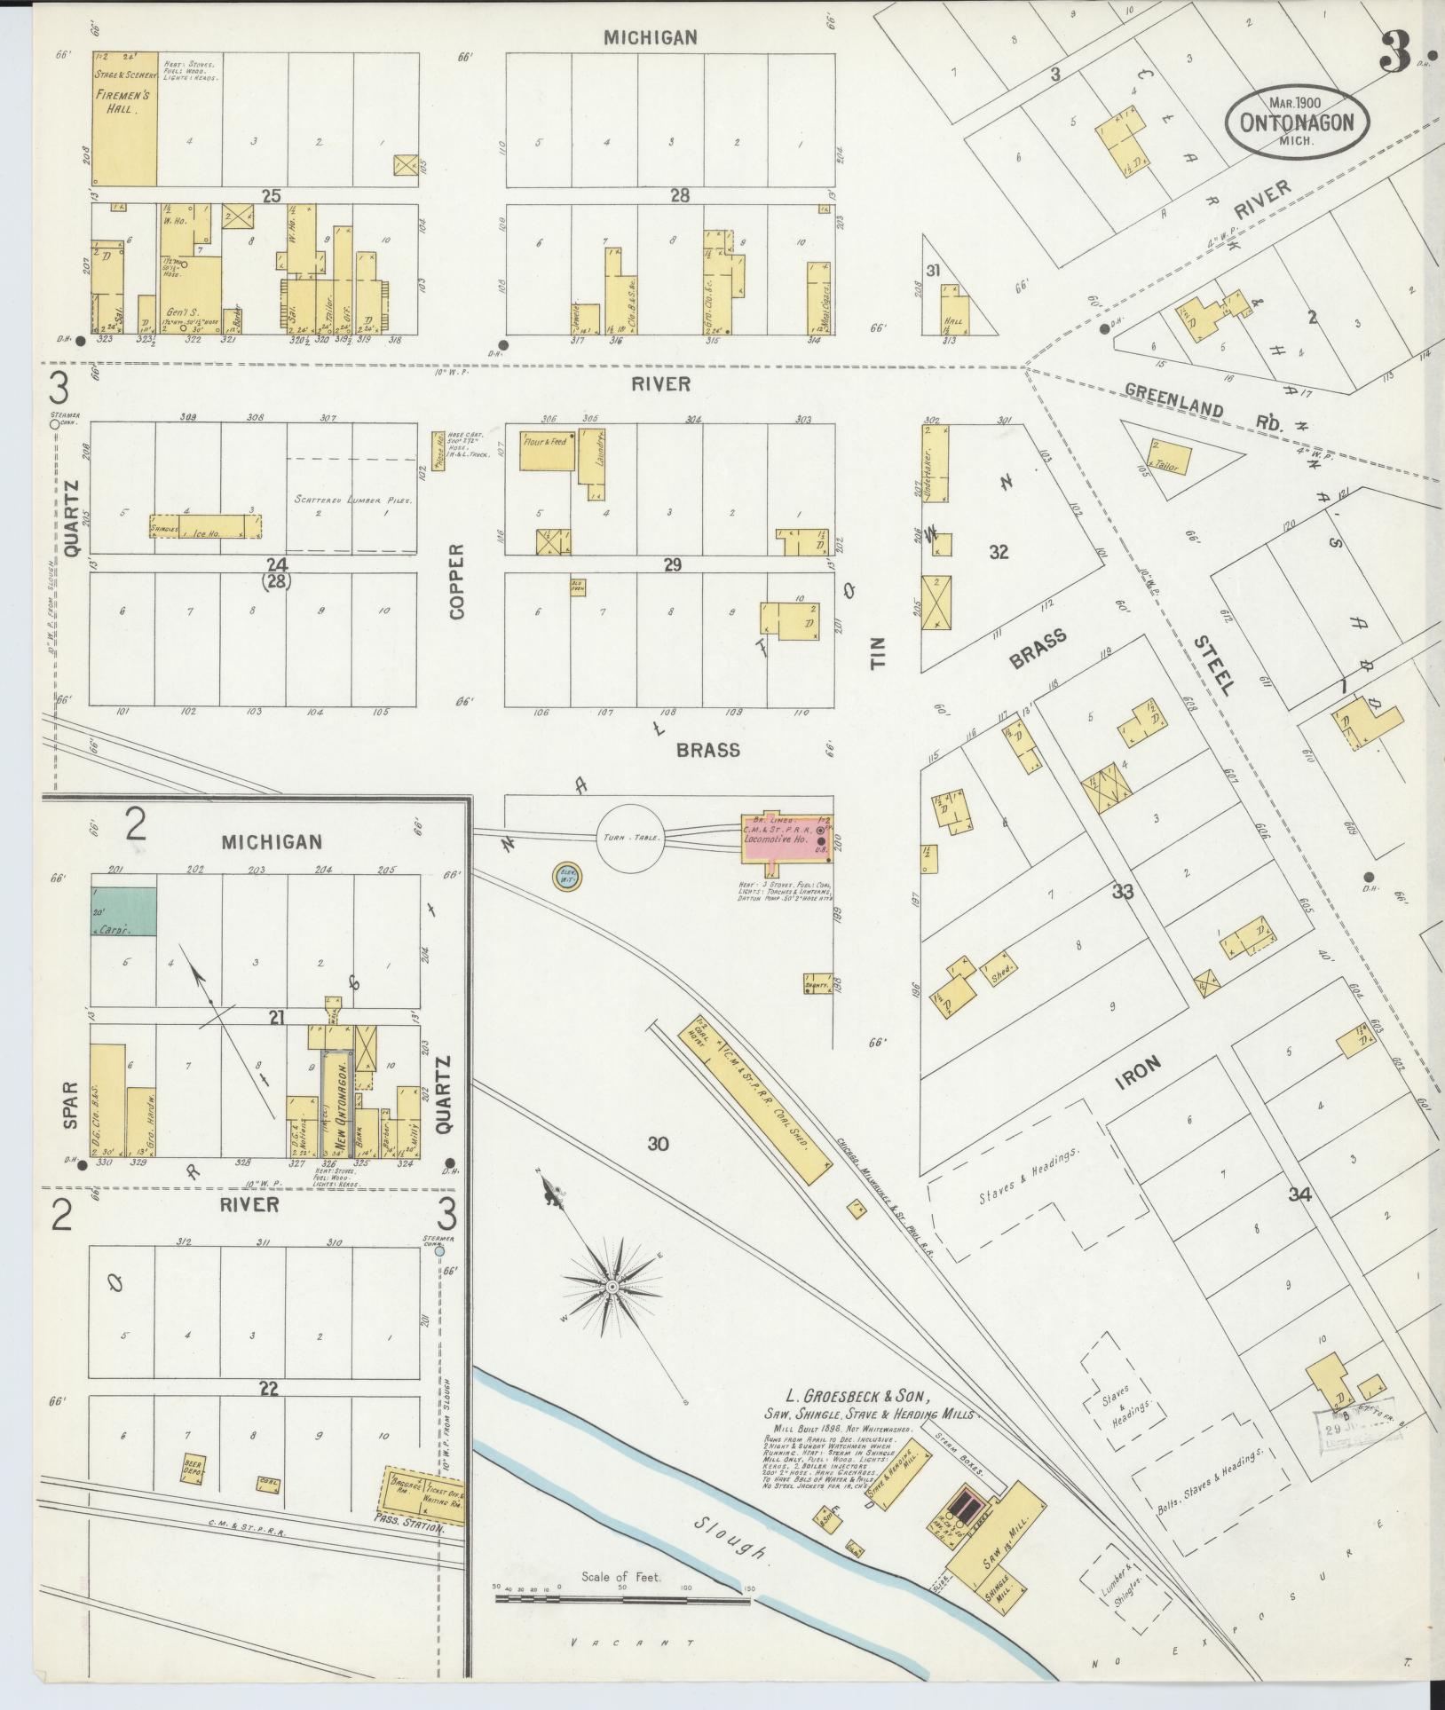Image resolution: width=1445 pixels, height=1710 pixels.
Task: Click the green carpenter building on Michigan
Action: (125, 910)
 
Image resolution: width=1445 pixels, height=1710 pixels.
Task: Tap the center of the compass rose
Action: (612, 1286)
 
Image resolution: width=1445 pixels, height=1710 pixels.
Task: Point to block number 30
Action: (657, 1144)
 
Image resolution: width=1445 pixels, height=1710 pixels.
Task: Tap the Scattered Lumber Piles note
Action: (353, 500)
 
